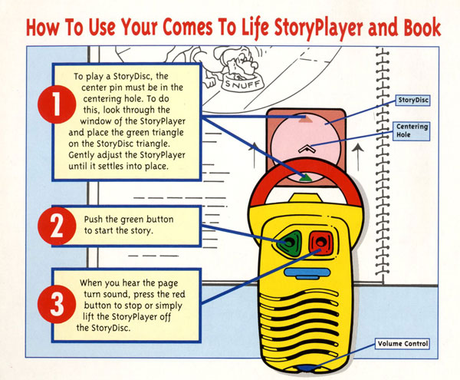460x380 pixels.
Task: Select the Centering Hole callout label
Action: click(412, 130)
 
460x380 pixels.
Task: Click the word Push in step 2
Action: click(96, 219)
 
